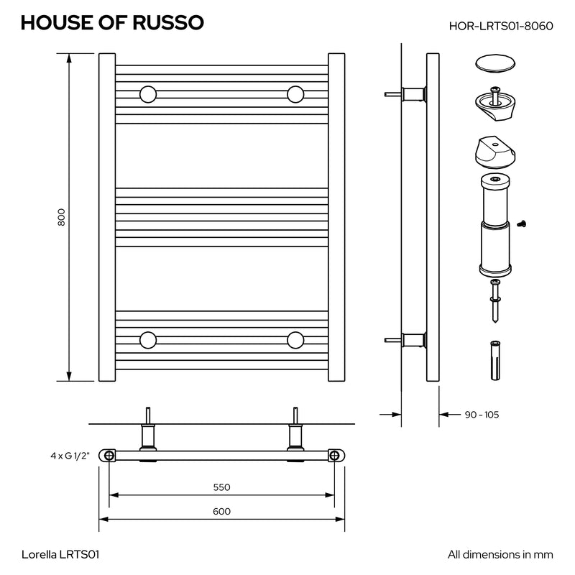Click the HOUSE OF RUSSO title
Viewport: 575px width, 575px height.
click(112, 22)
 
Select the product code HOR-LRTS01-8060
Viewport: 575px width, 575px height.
click(501, 26)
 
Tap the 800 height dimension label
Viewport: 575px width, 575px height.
click(61, 217)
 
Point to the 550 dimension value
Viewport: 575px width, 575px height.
click(222, 487)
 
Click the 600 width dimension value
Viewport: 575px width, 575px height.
click(222, 511)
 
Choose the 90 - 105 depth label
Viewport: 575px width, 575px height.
click(482, 415)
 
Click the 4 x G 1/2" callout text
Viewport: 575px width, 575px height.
click(70, 456)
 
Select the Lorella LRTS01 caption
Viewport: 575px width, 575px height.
click(60, 554)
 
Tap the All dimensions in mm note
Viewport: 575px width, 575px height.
click(500, 554)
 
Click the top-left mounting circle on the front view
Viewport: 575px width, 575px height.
click(148, 95)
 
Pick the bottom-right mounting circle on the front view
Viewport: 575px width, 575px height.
click(295, 340)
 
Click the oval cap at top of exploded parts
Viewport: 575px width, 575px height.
click(495, 64)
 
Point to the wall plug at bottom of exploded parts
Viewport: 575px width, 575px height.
click(495, 361)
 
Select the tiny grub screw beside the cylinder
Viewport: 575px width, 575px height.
click(522, 224)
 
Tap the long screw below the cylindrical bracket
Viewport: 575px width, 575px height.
click(495, 300)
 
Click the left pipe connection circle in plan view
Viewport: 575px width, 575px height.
click(109, 456)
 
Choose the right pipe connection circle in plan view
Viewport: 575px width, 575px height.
click(334, 456)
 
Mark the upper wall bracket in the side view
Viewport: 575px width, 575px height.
click(405, 94)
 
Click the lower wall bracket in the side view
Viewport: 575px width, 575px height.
click(405, 340)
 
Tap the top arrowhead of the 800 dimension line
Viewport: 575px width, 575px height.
click(69, 58)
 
